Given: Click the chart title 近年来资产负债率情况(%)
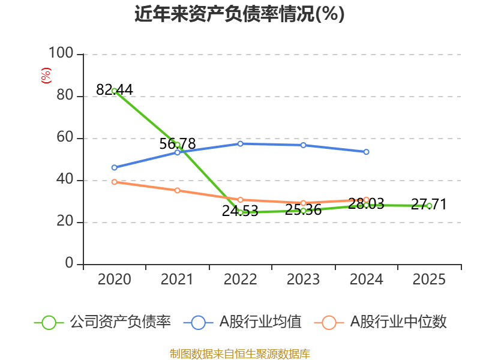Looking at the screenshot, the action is pos(239,14).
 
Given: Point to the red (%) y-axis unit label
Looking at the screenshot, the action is pos(46,76).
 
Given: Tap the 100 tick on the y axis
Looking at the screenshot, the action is pos(61,53).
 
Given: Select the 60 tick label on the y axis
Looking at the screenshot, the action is pos(65,137).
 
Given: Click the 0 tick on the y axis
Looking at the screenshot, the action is pos(69,263).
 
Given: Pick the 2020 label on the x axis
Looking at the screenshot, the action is pos(114,279).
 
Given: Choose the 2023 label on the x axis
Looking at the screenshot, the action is pos(303,279).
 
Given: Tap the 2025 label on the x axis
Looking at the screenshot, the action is pos(429,279).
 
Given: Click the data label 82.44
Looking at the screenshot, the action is pos(115,89).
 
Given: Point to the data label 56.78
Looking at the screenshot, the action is pos(177,143).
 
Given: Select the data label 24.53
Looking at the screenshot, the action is pos(240,211).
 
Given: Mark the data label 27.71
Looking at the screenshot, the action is pos(429,204).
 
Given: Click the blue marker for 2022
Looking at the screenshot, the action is pos(241,143).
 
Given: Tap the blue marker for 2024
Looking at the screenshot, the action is pos(366,152).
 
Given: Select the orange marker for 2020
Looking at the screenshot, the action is pos(115,182).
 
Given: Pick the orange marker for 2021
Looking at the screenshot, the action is pos(177,190).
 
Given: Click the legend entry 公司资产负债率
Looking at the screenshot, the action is pos(103,322).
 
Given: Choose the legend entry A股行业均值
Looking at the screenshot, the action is pos(242,322).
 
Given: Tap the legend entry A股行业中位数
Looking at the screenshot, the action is pos(380,322).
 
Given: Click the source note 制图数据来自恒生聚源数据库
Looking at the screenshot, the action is pos(240,354).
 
